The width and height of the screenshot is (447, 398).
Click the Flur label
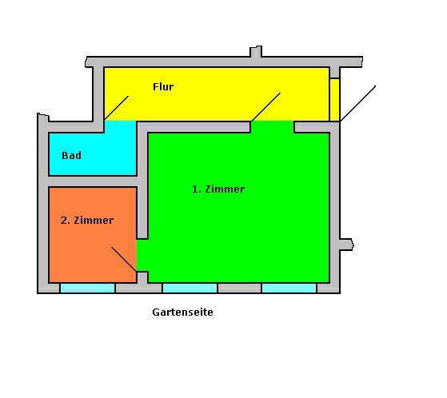163,86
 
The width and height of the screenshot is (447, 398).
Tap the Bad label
71,155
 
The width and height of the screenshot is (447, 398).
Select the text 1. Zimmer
218,189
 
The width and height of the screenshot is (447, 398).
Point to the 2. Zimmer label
87,221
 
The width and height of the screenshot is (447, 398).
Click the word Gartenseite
183,312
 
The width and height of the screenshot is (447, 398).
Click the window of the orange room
87,288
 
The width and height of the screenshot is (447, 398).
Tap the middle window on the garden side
190,288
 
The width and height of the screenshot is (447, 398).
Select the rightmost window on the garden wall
289,288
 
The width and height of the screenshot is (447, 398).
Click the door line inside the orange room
124,259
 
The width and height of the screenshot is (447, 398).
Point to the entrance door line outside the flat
357,104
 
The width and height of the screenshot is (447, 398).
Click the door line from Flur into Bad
116,108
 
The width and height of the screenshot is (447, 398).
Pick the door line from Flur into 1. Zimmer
265,107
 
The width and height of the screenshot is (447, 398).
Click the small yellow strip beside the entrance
335,100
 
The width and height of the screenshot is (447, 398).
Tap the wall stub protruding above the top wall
256,52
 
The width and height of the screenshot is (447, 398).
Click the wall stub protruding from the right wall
347,245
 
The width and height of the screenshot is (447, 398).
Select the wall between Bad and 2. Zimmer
93,181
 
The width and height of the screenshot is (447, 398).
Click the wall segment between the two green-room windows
239,288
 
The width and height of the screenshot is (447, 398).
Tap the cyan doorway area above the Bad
120,127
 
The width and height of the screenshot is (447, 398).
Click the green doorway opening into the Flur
272,127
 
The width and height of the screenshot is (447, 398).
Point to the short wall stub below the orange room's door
142,277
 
